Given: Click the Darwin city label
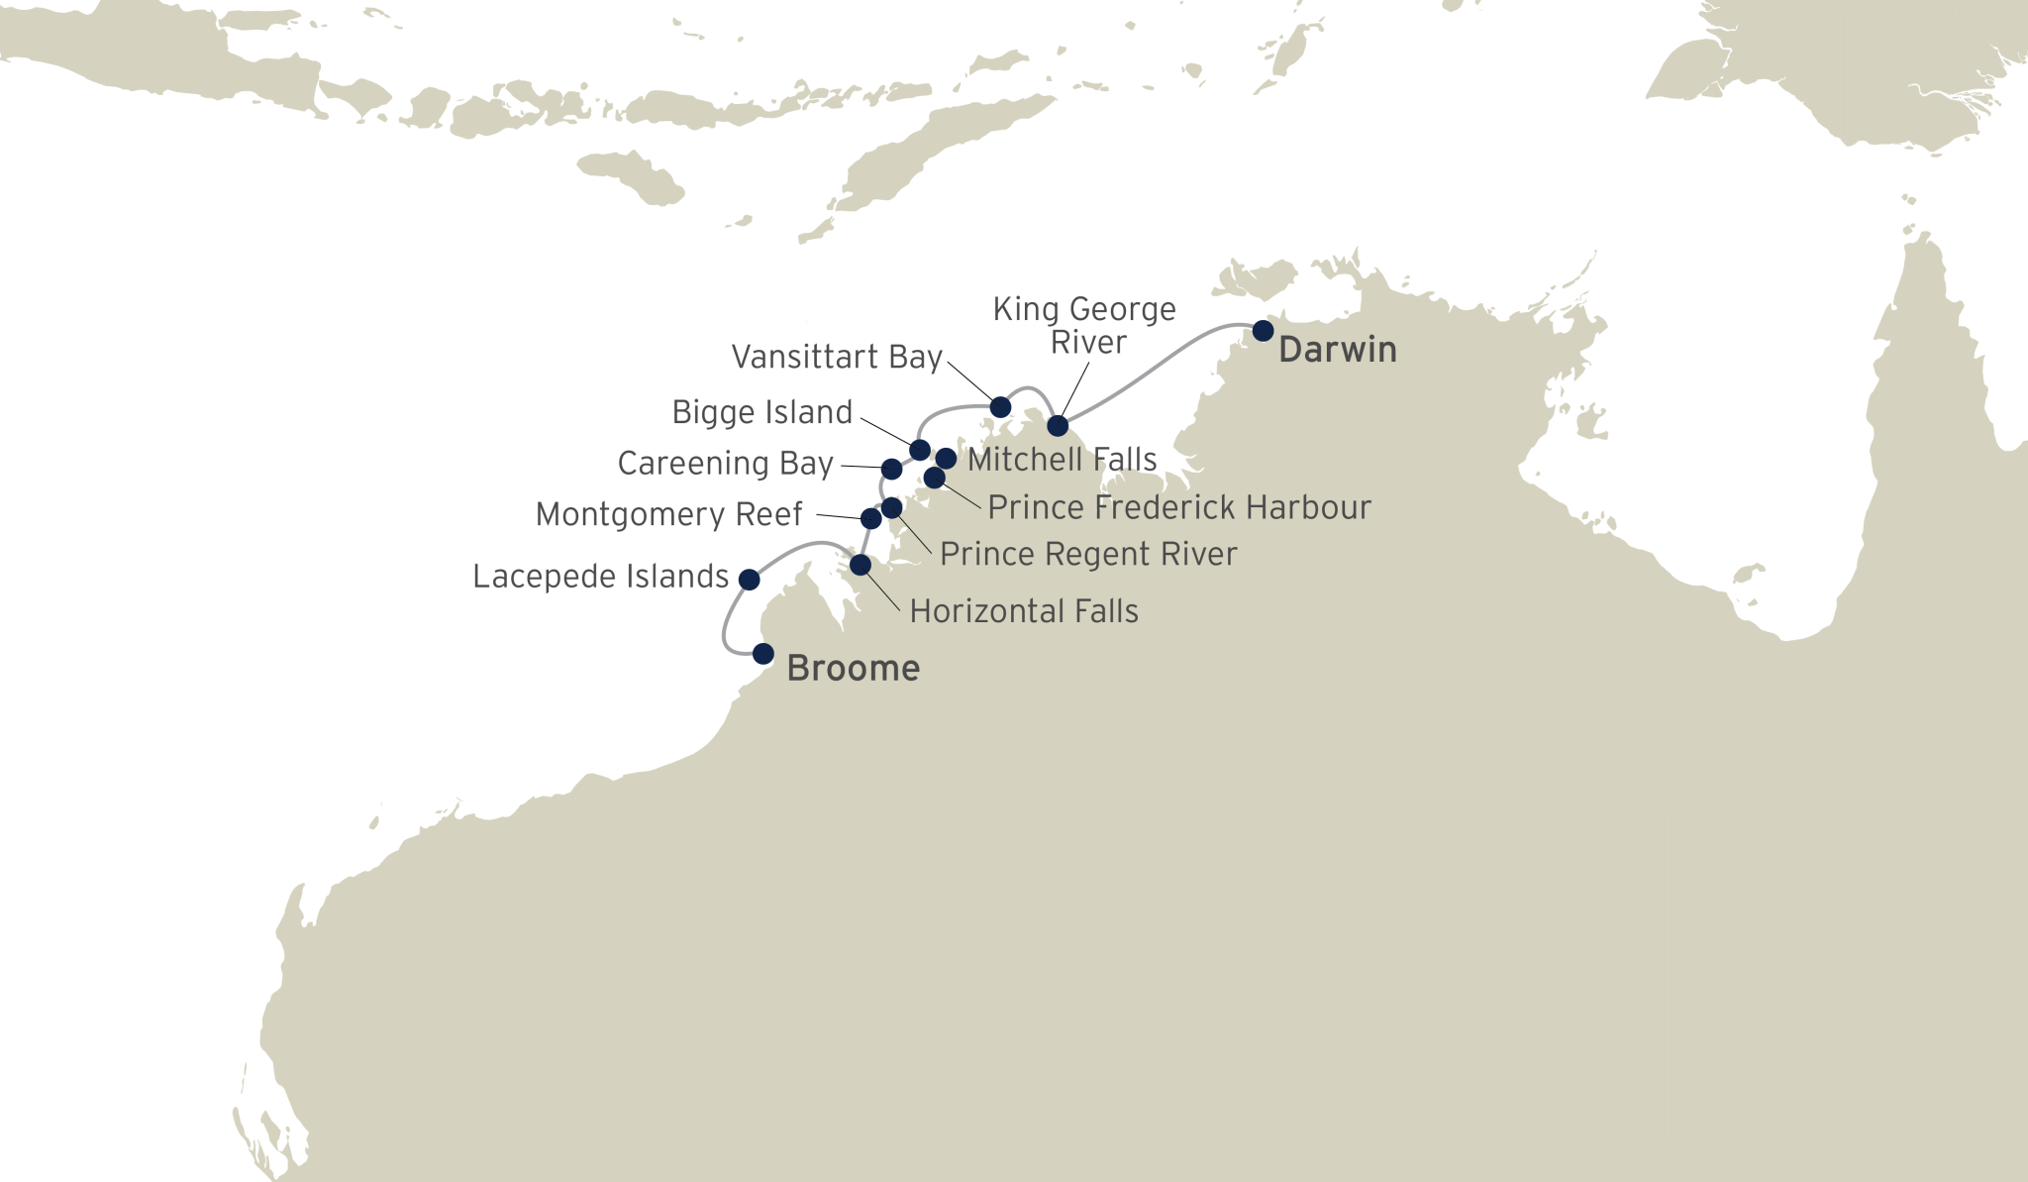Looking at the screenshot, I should click(1337, 350).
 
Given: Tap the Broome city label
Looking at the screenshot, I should click(853, 669).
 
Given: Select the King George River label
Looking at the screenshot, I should click(1084, 325).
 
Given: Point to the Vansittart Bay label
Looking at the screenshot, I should click(837, 357).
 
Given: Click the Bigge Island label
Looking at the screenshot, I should click(761, 412).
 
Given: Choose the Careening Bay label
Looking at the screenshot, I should click(725, 464).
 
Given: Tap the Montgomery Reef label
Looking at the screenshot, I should click(669, 515).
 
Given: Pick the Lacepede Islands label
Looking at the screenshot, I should click(600, 577).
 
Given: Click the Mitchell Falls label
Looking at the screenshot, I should click(1063, 460).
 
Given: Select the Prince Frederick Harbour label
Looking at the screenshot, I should click(1179, 507).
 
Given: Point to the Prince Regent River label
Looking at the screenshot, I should click(1088, 554).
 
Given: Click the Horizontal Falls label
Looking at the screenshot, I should click(1024, 611).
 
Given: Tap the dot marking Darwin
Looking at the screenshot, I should click(1263, 330).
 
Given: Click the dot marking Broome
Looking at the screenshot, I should click(762, 654).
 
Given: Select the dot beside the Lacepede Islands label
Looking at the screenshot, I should click(750, 579).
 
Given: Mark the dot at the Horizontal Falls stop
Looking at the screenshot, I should click(861, 565).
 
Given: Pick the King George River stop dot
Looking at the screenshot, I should click(1058, 425).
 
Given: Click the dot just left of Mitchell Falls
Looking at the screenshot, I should click(946, 458).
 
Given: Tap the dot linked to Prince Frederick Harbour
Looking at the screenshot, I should click(934, 478).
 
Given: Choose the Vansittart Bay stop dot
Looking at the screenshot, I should click(1000, 406).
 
